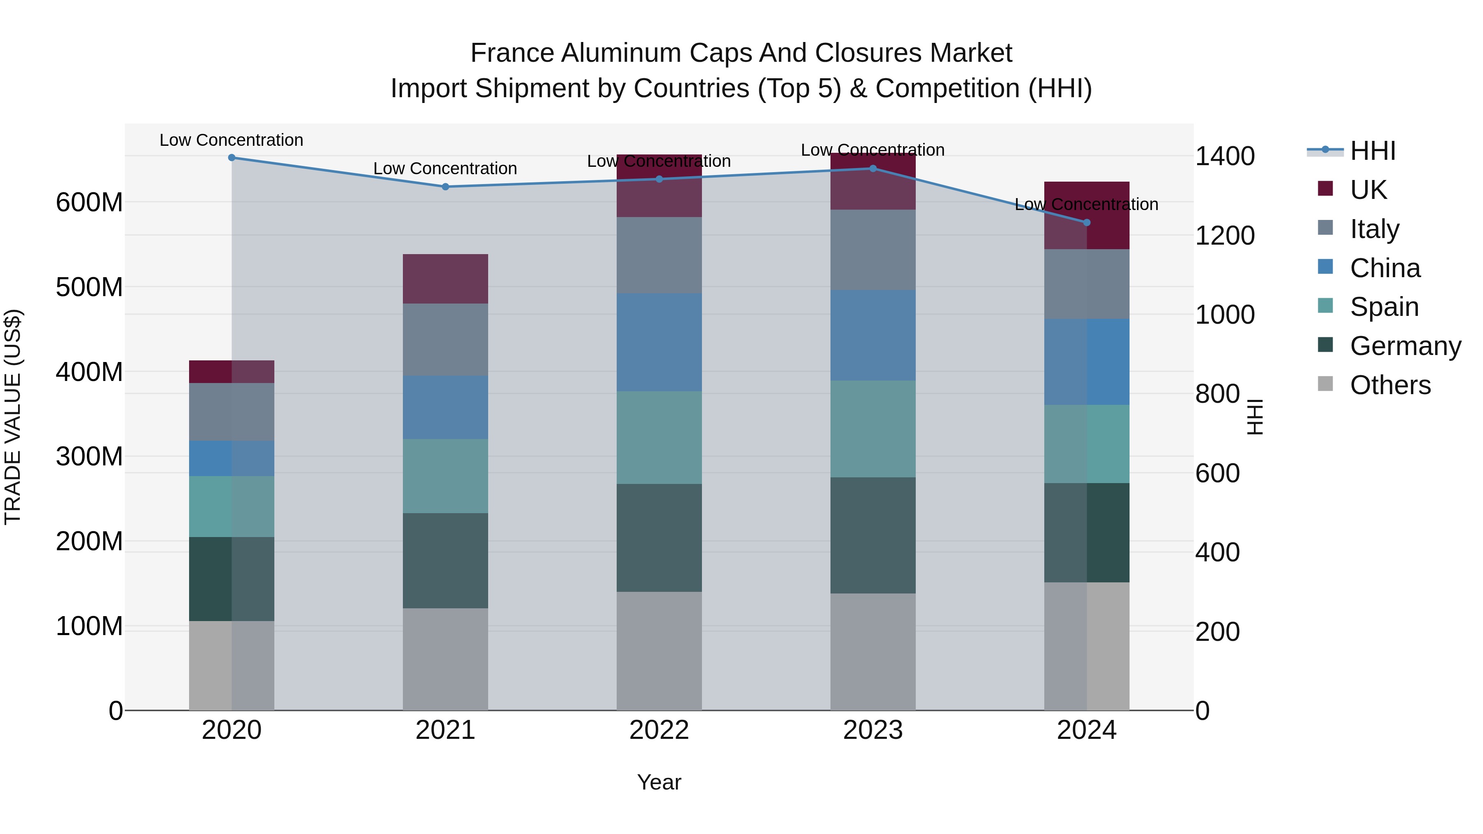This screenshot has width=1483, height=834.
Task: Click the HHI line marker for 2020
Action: coord(232,158)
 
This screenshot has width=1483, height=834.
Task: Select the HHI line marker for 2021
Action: coord(445,187)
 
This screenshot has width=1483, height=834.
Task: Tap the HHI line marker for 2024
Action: coord(1086,223)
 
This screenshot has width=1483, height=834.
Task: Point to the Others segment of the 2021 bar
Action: coord(445,659)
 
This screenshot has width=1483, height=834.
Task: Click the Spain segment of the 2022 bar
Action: coord(659,437)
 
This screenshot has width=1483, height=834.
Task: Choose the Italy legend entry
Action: coord(1374,229)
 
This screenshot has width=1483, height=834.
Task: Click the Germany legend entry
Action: coord(1405,346)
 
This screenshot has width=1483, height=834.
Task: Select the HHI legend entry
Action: coord(1373,151)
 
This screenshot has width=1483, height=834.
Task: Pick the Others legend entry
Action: coord(1390,385)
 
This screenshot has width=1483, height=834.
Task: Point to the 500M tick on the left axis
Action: coord(89,287)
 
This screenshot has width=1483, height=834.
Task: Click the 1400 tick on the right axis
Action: coord(1225,157)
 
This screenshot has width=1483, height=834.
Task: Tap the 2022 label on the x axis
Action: coord(659,730)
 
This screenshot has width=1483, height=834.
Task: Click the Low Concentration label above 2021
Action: coord(445,168)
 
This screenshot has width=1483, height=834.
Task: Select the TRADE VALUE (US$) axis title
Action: coord(13,417)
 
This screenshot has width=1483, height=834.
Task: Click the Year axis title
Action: coord(659,782)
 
